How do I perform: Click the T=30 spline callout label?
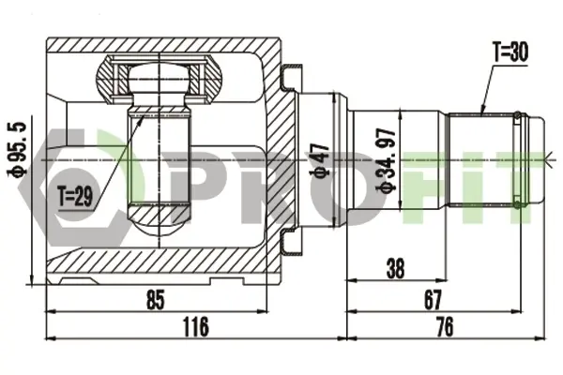(510, 52)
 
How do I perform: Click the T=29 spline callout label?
(75, 197)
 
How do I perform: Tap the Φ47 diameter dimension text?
(319, 160)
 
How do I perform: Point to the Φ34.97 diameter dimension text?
(386, 160)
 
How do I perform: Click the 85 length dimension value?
(156, 300)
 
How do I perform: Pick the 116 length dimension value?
(196, 326)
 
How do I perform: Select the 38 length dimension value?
(395, 268)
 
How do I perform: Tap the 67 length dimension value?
(433, 300)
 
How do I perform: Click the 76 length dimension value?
(445, 326)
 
